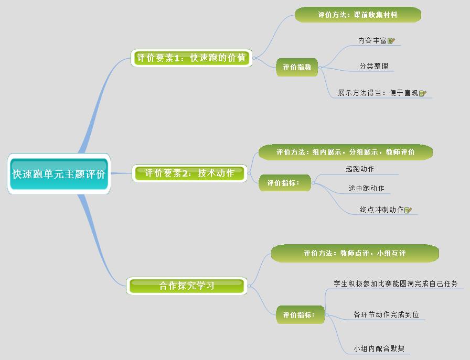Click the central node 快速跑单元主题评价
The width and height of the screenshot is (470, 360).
click(x=59, y=174)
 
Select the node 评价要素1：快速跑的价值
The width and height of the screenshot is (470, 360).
click(x=191, y=58)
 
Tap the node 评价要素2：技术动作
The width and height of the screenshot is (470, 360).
click(x=189, y=173)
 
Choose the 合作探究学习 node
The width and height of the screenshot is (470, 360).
click(x=187, y=286)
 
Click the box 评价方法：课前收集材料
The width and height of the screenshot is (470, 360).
click(x=358, y=15)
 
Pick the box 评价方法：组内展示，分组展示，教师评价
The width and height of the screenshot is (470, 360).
click(x=346, y=152)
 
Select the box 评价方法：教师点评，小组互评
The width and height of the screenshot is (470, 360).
click(x=355, y=253)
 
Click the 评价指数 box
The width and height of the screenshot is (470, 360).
click(x=297, y=67)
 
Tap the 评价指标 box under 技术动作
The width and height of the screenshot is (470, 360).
click(x=284, y=183)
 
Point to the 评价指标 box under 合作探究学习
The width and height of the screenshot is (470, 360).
click(x=300, y=315)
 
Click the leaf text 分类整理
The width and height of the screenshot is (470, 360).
click(x=374, y=67)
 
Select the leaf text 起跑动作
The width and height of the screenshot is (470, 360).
click(x=360, y=169)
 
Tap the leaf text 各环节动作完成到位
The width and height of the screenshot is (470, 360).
click(x=387, y=315)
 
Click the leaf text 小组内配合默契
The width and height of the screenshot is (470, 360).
click(x=379, y=348)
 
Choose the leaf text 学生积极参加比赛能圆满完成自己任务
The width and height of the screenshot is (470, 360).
click(x=396, y=283)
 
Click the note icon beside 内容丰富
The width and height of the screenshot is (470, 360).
click(x=391, y=40)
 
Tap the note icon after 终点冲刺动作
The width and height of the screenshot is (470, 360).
click(x=408, y=210)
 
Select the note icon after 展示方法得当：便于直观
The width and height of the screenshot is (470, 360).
click(x=423, y=93)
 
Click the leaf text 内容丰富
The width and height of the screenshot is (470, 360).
click(x=372, y=40)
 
